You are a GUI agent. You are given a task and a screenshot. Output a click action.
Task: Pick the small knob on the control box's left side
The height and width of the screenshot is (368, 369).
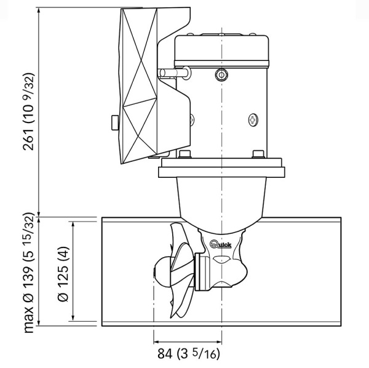[x=114, y=122]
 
